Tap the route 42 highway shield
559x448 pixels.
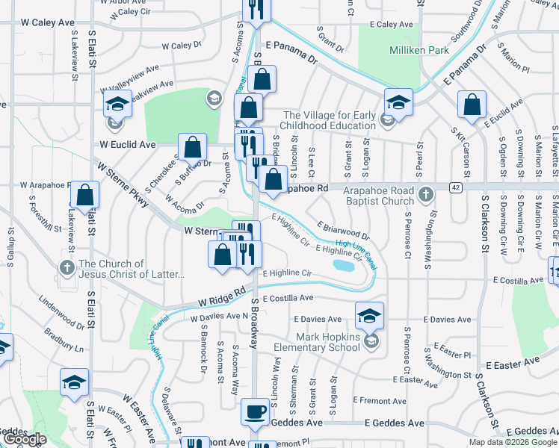pyautogui.click(x=455, y=187)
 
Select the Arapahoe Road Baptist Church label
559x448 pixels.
pyautogui.click(x=368, y=196)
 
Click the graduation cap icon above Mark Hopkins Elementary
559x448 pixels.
pyautogui.click(x=369, y=316)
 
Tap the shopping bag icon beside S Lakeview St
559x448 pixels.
pyautogui.click(x=85, y=195)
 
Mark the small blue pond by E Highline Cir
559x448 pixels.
pyautogui.click(x=343, y=266)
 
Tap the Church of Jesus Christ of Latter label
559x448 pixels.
pyautogui.click(x=131, y=269)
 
